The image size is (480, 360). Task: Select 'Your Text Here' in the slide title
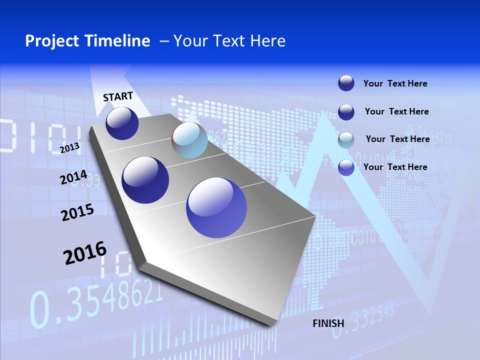click(229, 41)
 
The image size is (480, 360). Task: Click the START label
click(118, 96)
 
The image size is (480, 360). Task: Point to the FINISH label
click(328, 323)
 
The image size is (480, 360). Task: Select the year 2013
click(70, 147)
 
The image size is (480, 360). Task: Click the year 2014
click(73, 177)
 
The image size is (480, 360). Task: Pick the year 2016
click(85, 253)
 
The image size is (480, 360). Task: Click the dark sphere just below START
click(122, 123)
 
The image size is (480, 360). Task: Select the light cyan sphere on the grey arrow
click(190, 140)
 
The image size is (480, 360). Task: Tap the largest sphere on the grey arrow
click(216, 207)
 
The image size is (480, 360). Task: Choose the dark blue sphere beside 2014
click(145, 180)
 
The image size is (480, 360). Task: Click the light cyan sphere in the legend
click(346, 140)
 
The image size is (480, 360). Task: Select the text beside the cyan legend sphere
click(397, 139)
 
